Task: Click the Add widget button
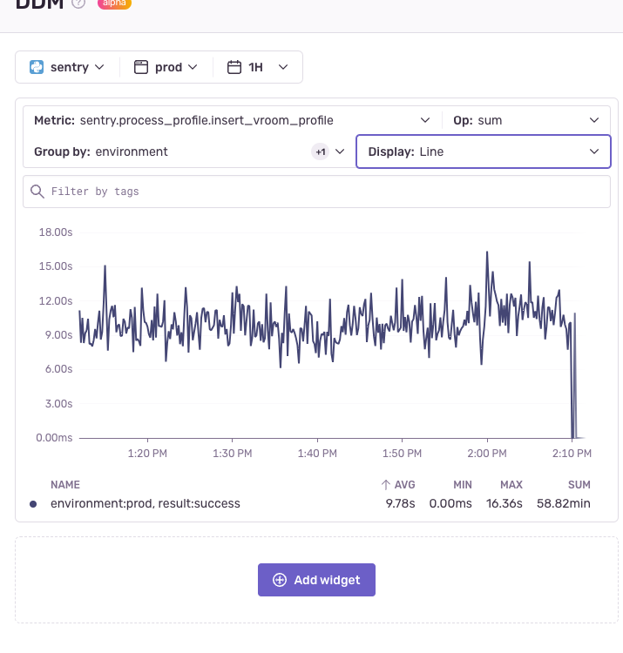point(316,580)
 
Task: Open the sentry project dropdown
point(67,67)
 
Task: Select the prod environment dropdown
point(166,67)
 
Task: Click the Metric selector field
point(232,120)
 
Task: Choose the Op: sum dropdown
point(526,120)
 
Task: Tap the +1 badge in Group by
point(321,151)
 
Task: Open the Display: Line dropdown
point(484,151)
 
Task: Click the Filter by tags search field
point(316,192)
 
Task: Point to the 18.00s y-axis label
point(54,232)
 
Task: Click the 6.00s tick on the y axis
point(58,369)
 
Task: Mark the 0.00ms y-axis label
point(54,438)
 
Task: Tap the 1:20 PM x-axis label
point(146,454)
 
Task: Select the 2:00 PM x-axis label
point(487,454)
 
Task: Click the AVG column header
point(398,484)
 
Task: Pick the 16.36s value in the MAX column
point(505,503)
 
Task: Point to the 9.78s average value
point(401,503)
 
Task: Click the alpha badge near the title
point(114,3)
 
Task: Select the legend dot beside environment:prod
point(33,503)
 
